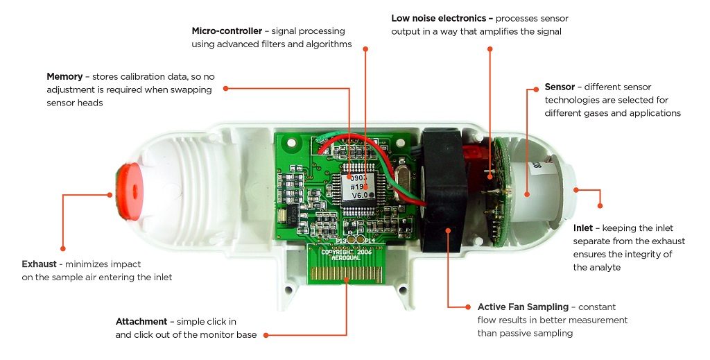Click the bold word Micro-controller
[226, 31]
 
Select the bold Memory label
[64, 76]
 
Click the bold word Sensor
[560, 87]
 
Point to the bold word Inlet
[582, 228]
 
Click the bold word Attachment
[141, 322]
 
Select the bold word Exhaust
[43, 264]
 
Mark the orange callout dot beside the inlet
[600, 205]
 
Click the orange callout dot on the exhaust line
[62, 248]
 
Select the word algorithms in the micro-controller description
[328, 44]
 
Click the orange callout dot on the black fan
[448, 230]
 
